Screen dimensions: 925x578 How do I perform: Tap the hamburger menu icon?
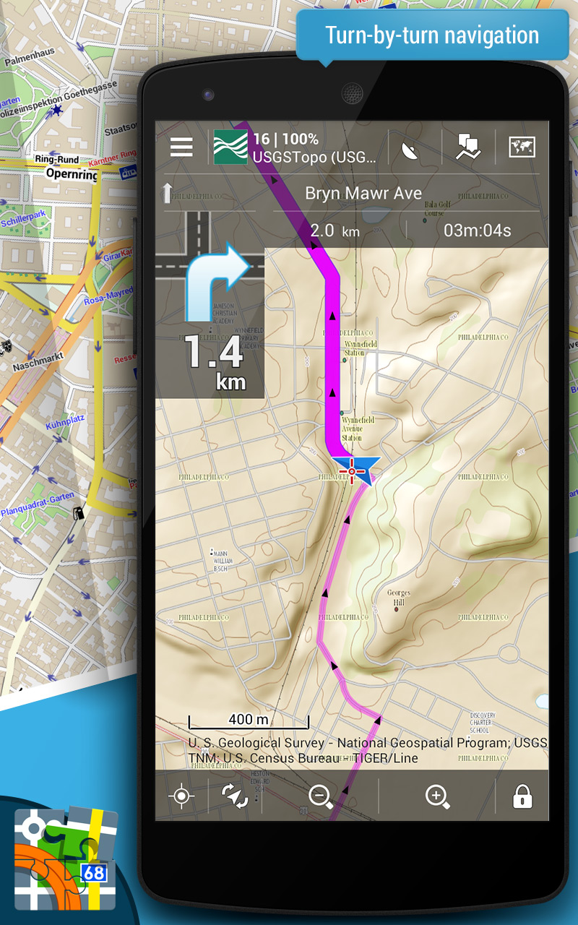(181, 147)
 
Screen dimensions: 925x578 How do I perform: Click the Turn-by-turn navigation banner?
(431, 35)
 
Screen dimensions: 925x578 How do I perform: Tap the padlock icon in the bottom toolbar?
(522, 796)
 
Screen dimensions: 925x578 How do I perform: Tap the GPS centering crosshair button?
(181, 796)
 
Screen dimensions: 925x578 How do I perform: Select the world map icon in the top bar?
(521, 147)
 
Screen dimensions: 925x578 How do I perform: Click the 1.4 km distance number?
(213, 353)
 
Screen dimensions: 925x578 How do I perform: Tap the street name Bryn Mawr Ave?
(363, 193)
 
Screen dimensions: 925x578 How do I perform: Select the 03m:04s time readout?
(477, 231)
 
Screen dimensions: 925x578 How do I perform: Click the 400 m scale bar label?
(248, 719)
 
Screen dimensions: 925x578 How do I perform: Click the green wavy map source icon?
(230, 147)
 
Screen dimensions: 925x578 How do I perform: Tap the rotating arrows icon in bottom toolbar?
(235, 796)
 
